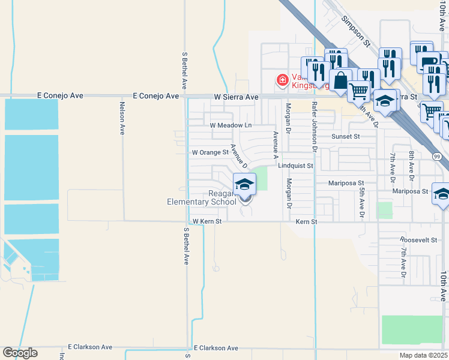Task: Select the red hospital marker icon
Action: point(281,80)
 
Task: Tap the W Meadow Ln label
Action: point(231,125)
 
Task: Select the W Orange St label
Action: point(210,152)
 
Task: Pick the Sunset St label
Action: point(345,137)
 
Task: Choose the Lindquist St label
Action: point(295,166)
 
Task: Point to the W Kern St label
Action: point(203,221)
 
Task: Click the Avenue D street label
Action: point(239,155)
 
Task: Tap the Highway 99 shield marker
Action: point(436,157)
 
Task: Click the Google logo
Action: point(20,353)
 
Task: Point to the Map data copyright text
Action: point(424,355)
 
